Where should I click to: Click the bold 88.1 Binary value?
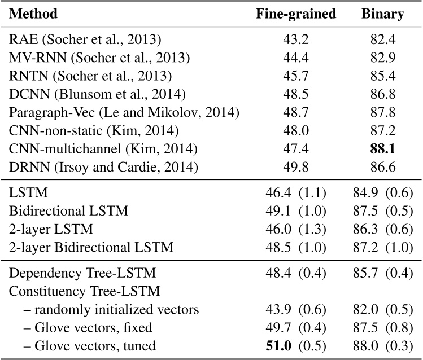(382, 149)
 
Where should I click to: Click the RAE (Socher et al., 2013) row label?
(85, 41)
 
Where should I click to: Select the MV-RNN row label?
(100, 59)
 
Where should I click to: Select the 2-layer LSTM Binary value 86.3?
(370, 230)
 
